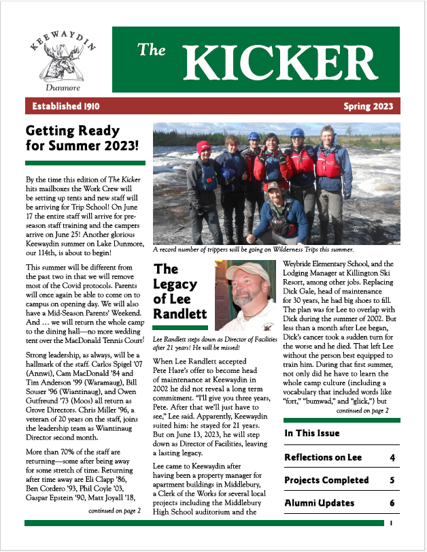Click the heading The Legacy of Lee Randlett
pos(180,293)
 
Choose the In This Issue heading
pos(312,434)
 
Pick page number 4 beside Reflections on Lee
pos(392,457)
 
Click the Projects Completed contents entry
pos(326,481)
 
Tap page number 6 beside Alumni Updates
pos(392,503)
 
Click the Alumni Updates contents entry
pos(319,503)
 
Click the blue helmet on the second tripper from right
pos(297,133)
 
